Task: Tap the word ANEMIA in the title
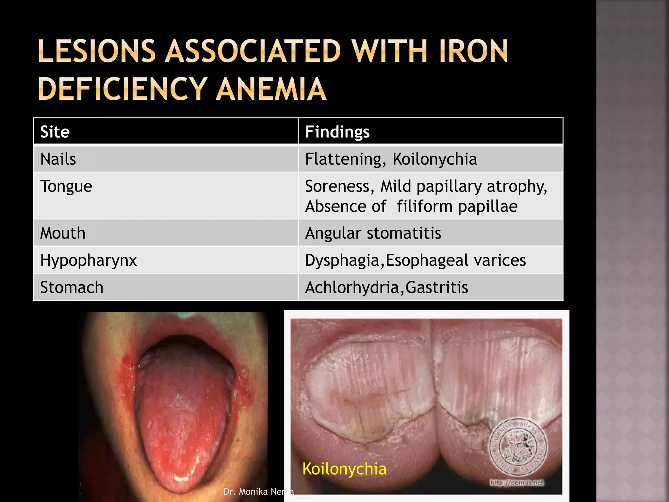tap(271, 89)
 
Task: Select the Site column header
tap(55, 132)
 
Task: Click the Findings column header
tap(337, 132)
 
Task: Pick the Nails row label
tap(58, 159)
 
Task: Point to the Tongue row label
tap(66, 186)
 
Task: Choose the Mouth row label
tap(63, 233)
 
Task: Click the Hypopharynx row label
tap(88, 260)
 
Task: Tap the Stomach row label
tap(72, 287)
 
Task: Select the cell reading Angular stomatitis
tap(373, 233)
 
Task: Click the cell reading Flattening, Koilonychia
tap(391, 159)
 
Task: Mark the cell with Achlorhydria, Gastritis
tap(386, 287)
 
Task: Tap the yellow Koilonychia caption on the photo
tap(344, 469)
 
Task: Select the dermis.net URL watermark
tap(517, 482)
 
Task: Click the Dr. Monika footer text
tap(258, 492)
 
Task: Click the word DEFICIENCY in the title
tap(122, 89)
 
